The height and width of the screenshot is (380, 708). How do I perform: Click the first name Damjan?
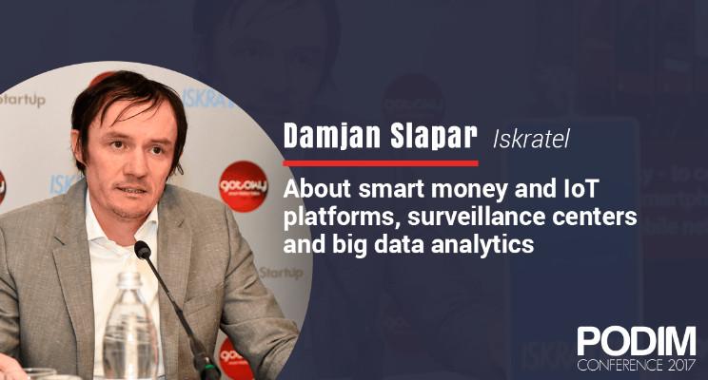click(x=332, y=137)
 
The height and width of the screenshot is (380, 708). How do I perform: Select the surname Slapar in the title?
click(x=434, y=136)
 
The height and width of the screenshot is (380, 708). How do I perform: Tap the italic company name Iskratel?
click(x=531, y=139)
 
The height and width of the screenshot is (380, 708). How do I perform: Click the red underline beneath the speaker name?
click(x=381, y=163)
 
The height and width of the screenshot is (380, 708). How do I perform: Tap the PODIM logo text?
click(x=637, y=341)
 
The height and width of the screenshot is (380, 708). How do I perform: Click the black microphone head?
click(x=143, y=249)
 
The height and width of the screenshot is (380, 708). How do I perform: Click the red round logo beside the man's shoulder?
click(x=244, y=186)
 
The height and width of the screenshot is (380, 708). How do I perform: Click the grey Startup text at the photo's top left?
click(x=23, y=100)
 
